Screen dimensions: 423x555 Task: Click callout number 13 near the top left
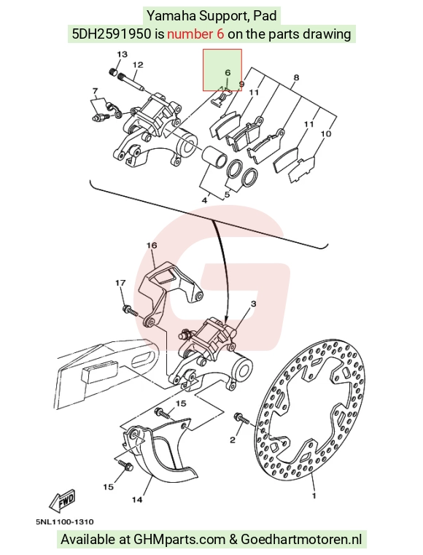click(x=122, y=54)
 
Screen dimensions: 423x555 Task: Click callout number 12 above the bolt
click(x=138, y=65)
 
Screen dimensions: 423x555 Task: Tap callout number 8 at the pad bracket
click(x=296, y=77)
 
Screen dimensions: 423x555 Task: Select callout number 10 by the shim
click(x=326, y=133)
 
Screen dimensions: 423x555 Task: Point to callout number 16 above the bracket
click(x=152, y=245)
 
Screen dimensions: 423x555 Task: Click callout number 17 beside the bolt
click(x=120, y=283)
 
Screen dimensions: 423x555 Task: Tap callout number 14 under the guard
click(x=137, y=500)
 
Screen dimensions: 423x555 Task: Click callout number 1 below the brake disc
click(x=314, y=495)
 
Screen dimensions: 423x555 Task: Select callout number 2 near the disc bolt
click(x=232, y=440)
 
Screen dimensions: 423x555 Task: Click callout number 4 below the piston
click(x=204, y=201)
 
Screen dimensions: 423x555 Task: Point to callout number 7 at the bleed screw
click(x=95, y=91)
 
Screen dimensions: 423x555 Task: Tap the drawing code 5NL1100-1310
click(x=65, y=521)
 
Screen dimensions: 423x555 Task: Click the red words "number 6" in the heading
click(x=195, y=34)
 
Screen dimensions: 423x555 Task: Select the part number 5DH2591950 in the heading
click(x=112, y=34)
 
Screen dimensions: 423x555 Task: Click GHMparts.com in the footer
click(x=179, y=540)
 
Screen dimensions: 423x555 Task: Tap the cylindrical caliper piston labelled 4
click(x=214, y=156)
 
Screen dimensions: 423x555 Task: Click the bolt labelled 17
click(x=129, y=311)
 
